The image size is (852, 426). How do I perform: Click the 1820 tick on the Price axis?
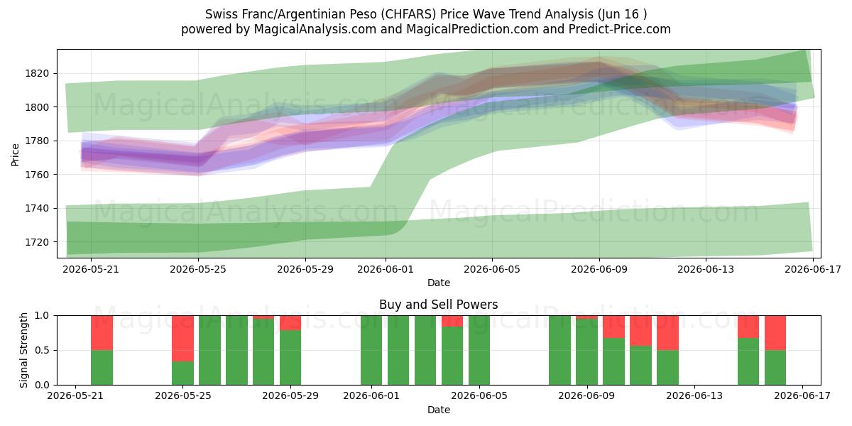pyautogui.click(x=37, y=73)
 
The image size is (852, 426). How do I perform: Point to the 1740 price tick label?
pyautogui.click(x=37, y=209)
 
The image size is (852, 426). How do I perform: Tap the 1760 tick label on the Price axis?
pyautogui.click(x=37, y=175)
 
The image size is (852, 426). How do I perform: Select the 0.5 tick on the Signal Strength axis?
pyautogui.click(x=42, y=350)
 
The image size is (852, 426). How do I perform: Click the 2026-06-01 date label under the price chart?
pyautogui.click(x=386, y=269)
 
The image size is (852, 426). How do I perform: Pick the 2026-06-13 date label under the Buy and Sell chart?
pyautogui.click(x=694, y=396)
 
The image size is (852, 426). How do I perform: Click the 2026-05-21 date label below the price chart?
pyautogui.click(x=91, y=269)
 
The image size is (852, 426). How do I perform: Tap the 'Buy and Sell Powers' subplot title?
pyautogui.click(x=439, y=305)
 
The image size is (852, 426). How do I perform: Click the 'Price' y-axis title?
pyautogui.click(x=15, y=155)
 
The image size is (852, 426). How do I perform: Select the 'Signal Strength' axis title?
pyautogui.click(x=23, y=350)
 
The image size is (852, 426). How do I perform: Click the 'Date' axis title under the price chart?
pyautogui.click(x=439, y=283)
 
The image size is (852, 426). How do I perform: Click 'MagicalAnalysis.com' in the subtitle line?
pyautogui.click(x=315, y=29)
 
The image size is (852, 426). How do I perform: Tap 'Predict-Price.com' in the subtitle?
pyautogui.click(x=620, y=29)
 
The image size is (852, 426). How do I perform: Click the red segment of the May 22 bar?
pyautogui.click(x=102, y=333)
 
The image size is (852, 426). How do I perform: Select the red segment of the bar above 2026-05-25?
pyautogui.click(x=182, y=339)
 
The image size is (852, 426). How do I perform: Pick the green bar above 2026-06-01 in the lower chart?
pyautogui.click(x=371, y=350)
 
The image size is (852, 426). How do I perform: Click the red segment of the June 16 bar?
pyautogui.click(x=775, y=333)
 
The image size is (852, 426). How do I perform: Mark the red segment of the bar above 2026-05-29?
pyautogui.click(x=290, y=323)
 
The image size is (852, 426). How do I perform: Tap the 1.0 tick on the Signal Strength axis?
pyautogui.click(x=42, y=316)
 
